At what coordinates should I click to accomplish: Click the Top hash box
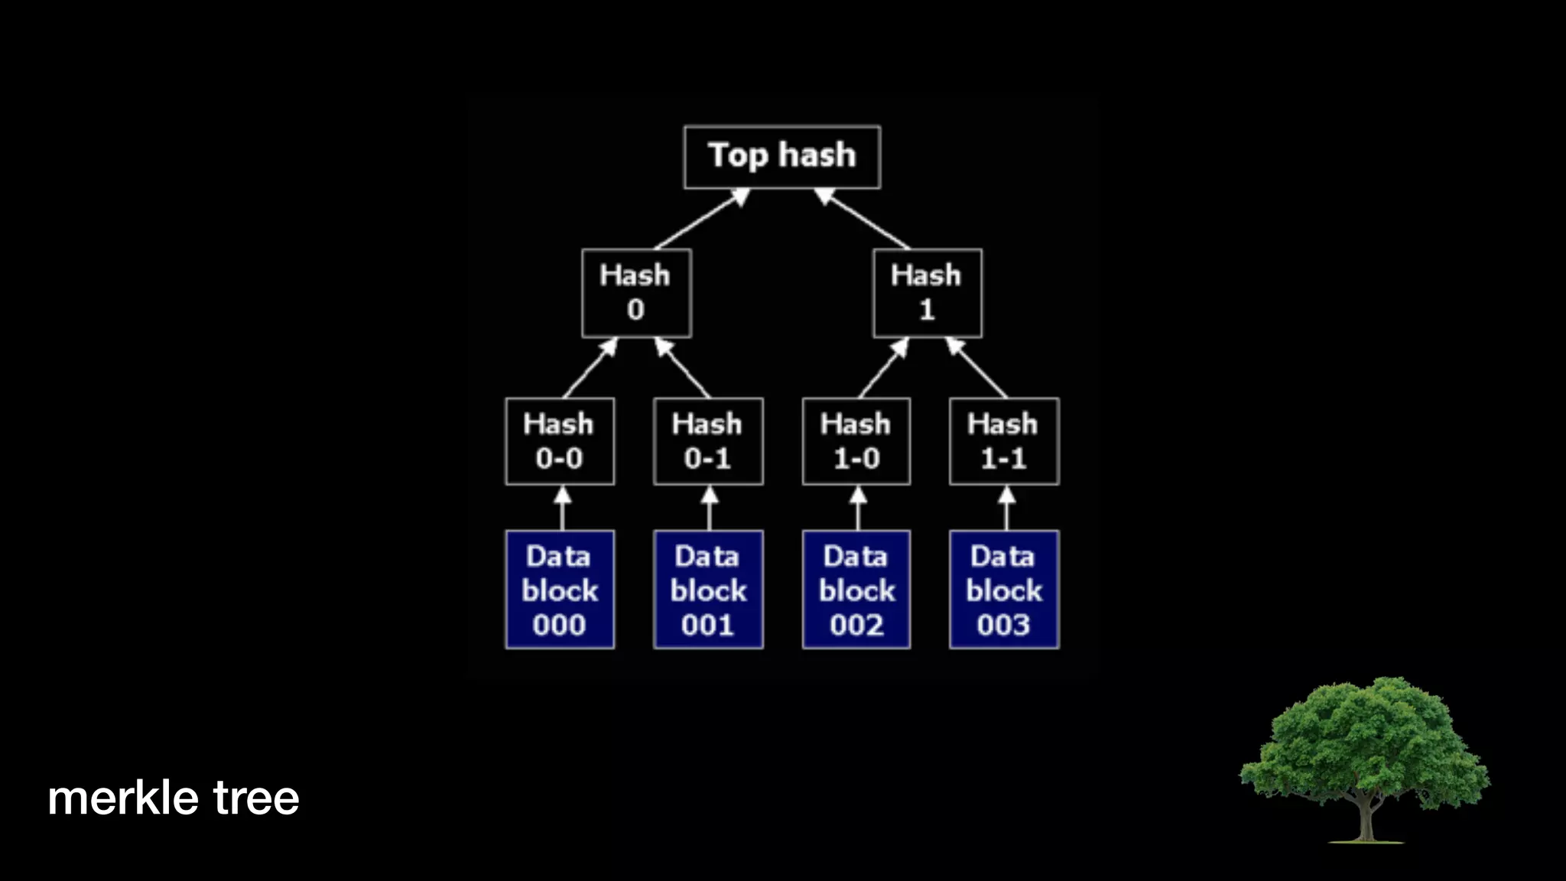[781, 157]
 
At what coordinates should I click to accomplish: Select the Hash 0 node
[636, 293]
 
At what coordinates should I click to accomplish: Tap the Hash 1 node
[927, 293]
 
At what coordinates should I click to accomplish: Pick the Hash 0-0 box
[559, 441]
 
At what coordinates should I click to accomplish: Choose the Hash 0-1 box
[708, 441]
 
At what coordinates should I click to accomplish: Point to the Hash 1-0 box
[856, 441]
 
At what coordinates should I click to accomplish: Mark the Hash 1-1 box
[1004, 441]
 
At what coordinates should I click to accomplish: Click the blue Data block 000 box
[559, 590]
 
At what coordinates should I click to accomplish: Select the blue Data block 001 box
[708, 590]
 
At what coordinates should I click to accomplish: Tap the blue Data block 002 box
[856, 590]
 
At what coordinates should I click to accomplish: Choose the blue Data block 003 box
[1004, 590]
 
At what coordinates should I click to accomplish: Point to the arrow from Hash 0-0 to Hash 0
[590, 368]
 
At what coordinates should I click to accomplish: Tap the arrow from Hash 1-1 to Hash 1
[978, 368]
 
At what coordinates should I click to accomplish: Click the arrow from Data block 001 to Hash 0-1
[710, 509]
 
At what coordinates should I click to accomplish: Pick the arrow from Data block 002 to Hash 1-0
[858, 509]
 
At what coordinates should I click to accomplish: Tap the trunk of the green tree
[1365, 822]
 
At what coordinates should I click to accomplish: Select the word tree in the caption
[256, 798]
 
